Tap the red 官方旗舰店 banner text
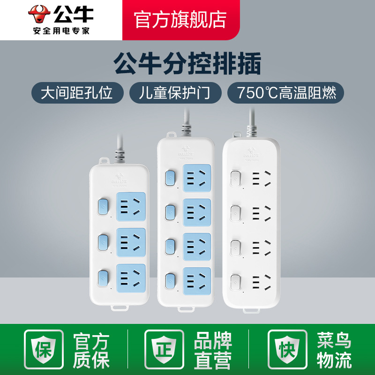click(180, 19)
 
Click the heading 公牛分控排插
click(187, 65)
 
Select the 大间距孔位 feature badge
click(77, 93)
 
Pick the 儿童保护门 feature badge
click(175, 93)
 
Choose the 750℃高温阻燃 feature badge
click(286, 93)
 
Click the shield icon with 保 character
click(44, 350)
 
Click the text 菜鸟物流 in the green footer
click(334, 350)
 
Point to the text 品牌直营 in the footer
click(212, 350)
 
